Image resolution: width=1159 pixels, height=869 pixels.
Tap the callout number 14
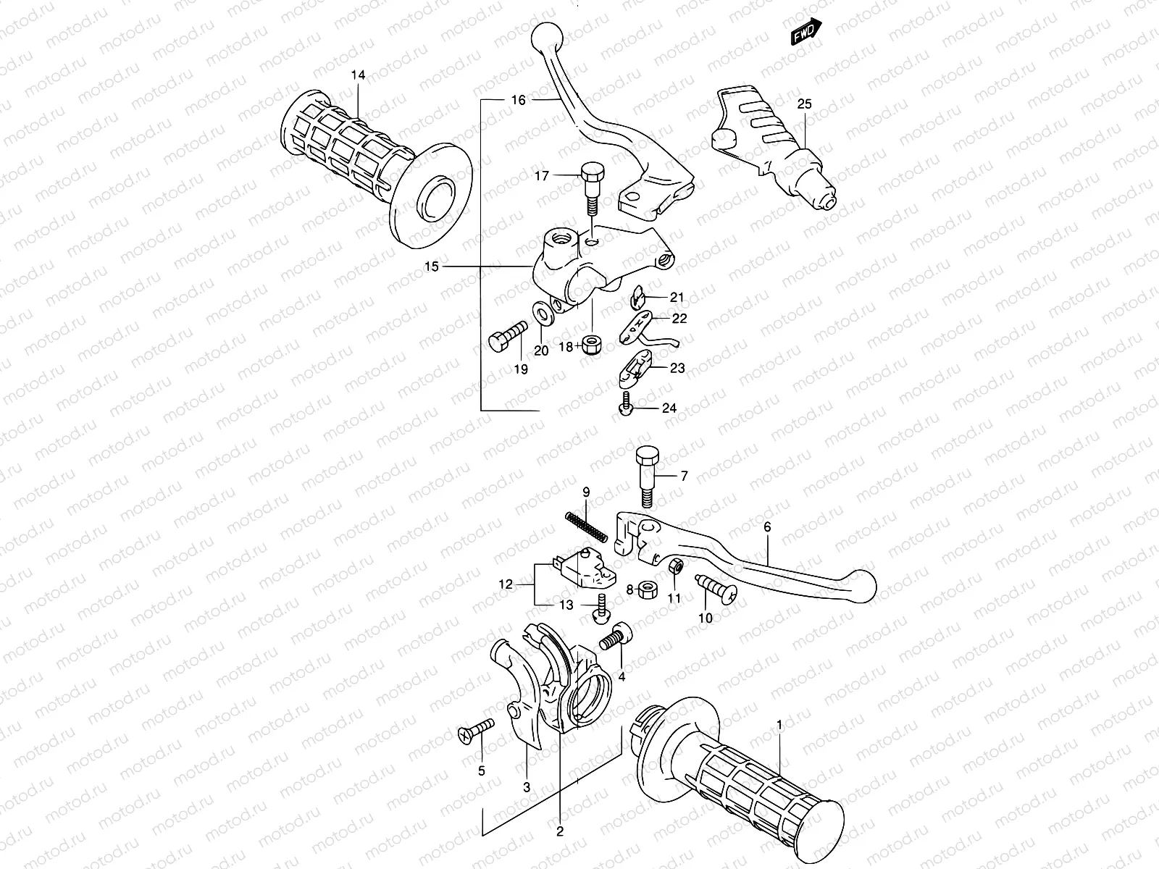(359, 75)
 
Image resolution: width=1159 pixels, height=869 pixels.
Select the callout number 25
(805, 104)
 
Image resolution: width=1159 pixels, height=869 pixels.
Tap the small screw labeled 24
(626, 408)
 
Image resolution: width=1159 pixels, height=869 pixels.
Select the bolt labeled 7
(646, 477)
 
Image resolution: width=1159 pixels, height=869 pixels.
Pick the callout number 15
(431, 267)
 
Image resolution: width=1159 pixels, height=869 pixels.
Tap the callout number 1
(779, 725)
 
